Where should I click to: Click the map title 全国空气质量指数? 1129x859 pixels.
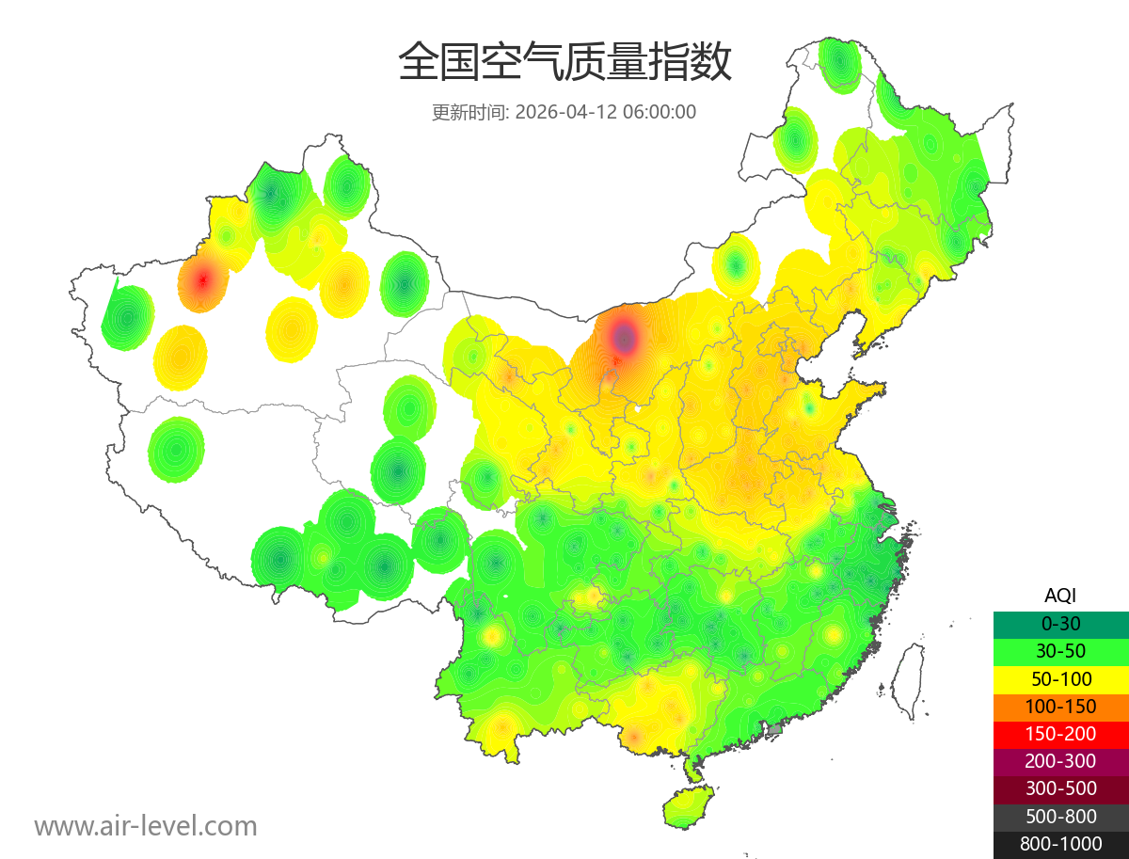click(564, 63)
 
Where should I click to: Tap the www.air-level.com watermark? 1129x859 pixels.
click(146, 826)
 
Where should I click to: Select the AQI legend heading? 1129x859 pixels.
click(1060, 595)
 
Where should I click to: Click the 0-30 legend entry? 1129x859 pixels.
click(1060, 623)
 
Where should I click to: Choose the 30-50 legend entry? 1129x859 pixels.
click(1060, 651)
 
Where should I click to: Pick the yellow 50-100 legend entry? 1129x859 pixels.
click(1060, 678)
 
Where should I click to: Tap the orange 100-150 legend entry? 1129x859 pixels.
click(1060, 706)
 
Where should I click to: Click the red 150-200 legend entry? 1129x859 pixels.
click(1060, 734)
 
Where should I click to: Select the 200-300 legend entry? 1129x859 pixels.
click(1060, 761)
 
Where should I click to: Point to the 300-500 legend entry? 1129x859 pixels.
click(1060, 788)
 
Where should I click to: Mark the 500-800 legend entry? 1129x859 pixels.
click(1060, 817)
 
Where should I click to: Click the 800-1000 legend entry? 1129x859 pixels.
click(1060, 844)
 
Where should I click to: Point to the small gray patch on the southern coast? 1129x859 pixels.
click(775, 729)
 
